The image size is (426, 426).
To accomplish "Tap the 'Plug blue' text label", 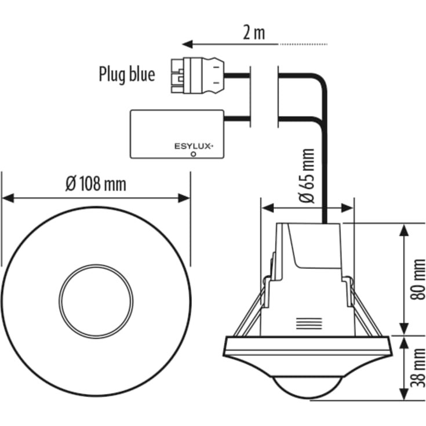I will (x=126, y=75).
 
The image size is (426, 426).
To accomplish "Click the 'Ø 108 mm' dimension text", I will (x=96, y=184).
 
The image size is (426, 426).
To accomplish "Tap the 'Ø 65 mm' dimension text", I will (x=308, y=176).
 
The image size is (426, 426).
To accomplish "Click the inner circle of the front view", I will (x=96, y=300).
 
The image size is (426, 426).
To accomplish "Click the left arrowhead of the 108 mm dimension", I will (x=7, y=198).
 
